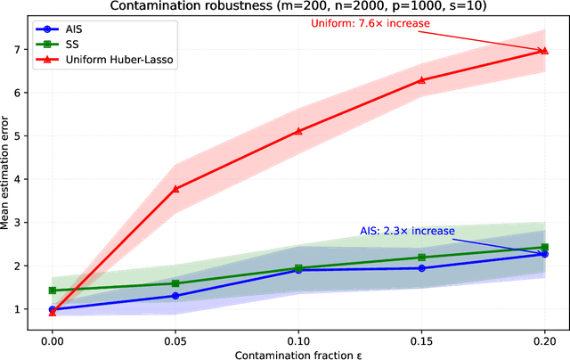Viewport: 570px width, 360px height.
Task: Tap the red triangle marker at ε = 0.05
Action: pos(175,188)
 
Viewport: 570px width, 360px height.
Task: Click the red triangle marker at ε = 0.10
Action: pos(298,131)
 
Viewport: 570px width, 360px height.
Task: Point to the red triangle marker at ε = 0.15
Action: pos(421,79)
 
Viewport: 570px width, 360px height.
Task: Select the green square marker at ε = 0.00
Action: pos(53,290)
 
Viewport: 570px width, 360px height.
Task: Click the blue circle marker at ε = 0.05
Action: pos(175,296)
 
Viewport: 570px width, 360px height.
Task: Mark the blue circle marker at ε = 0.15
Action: pos(421,268)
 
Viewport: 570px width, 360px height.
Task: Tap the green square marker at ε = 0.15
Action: pos(421,258)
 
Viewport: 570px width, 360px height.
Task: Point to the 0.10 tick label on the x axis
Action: pos(298,340)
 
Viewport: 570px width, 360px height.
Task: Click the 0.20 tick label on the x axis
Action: pos(544,340)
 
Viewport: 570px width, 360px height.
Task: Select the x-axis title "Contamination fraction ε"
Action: pos(298,354)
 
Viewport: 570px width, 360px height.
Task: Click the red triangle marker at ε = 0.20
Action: pos(544,51)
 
